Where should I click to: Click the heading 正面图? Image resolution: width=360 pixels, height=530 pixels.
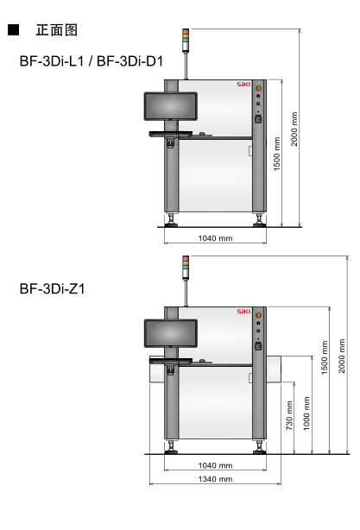(x=56, y=30)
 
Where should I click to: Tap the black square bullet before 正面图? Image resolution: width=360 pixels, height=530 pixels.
(x=13, y=30)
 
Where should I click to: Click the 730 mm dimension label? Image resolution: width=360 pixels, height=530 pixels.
(x=289, y=415)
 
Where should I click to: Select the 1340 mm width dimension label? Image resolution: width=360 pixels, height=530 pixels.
(x=215, y=478)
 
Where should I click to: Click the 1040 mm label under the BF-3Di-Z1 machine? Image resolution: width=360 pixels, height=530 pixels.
(x=215, y=465)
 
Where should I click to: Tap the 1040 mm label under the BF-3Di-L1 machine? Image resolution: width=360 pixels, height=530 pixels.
(x=215, y=237)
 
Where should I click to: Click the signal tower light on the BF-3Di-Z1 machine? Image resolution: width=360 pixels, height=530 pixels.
(x=185, y=267)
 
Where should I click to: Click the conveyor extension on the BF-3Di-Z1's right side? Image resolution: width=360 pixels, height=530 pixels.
(x=272, y=369)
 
